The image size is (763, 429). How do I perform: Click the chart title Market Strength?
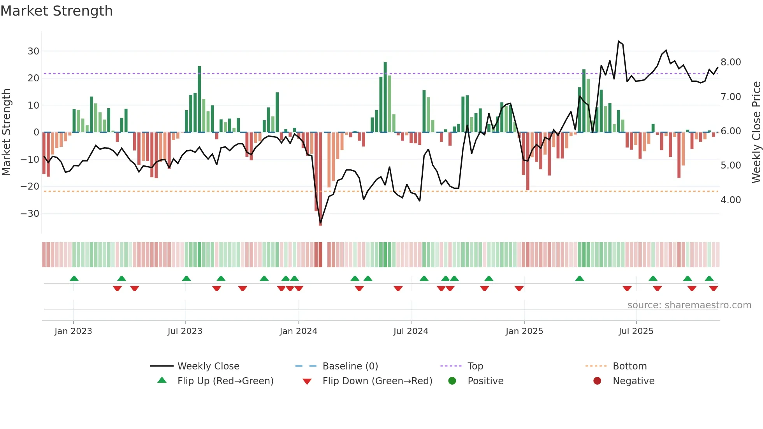coord(56,11)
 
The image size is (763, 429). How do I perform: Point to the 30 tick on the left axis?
coord(33,51)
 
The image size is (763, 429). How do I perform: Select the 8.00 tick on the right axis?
coord(731,62)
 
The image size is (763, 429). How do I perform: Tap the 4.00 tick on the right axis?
coord(731,200)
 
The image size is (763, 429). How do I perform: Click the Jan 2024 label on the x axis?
coord(298,331)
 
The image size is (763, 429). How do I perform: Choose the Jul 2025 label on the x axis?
coord(636,331)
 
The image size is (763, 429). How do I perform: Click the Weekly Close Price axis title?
coord(756,132)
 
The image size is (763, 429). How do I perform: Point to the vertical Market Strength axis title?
coord(6,132)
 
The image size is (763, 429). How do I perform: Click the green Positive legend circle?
coord(452,381)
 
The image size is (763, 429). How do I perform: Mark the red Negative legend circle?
coord(597,381)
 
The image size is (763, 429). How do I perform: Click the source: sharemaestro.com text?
coord(689,305)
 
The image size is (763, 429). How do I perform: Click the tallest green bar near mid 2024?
coord(385,97)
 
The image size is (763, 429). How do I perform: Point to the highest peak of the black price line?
coord(619,41)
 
